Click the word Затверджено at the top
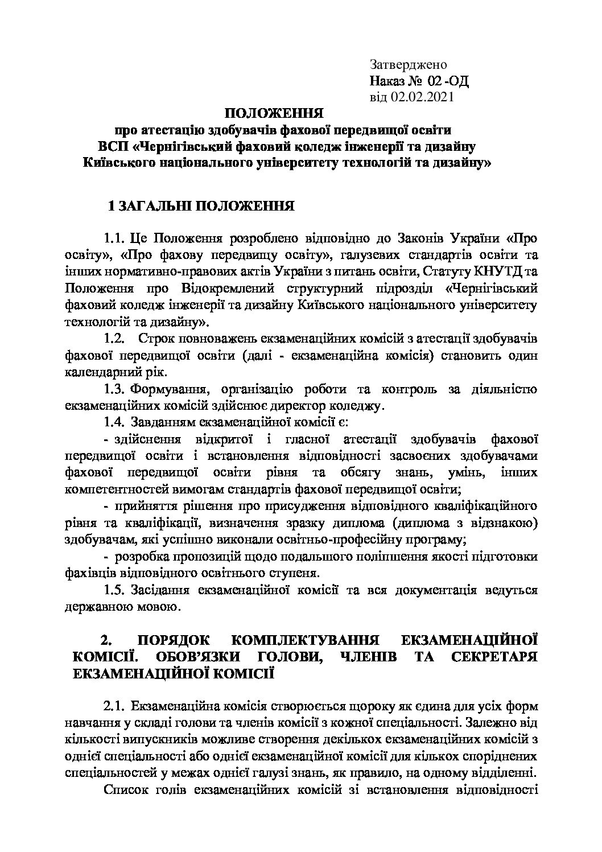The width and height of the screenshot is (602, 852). point(409,65)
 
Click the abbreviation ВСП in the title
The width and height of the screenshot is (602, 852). point(114,146)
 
